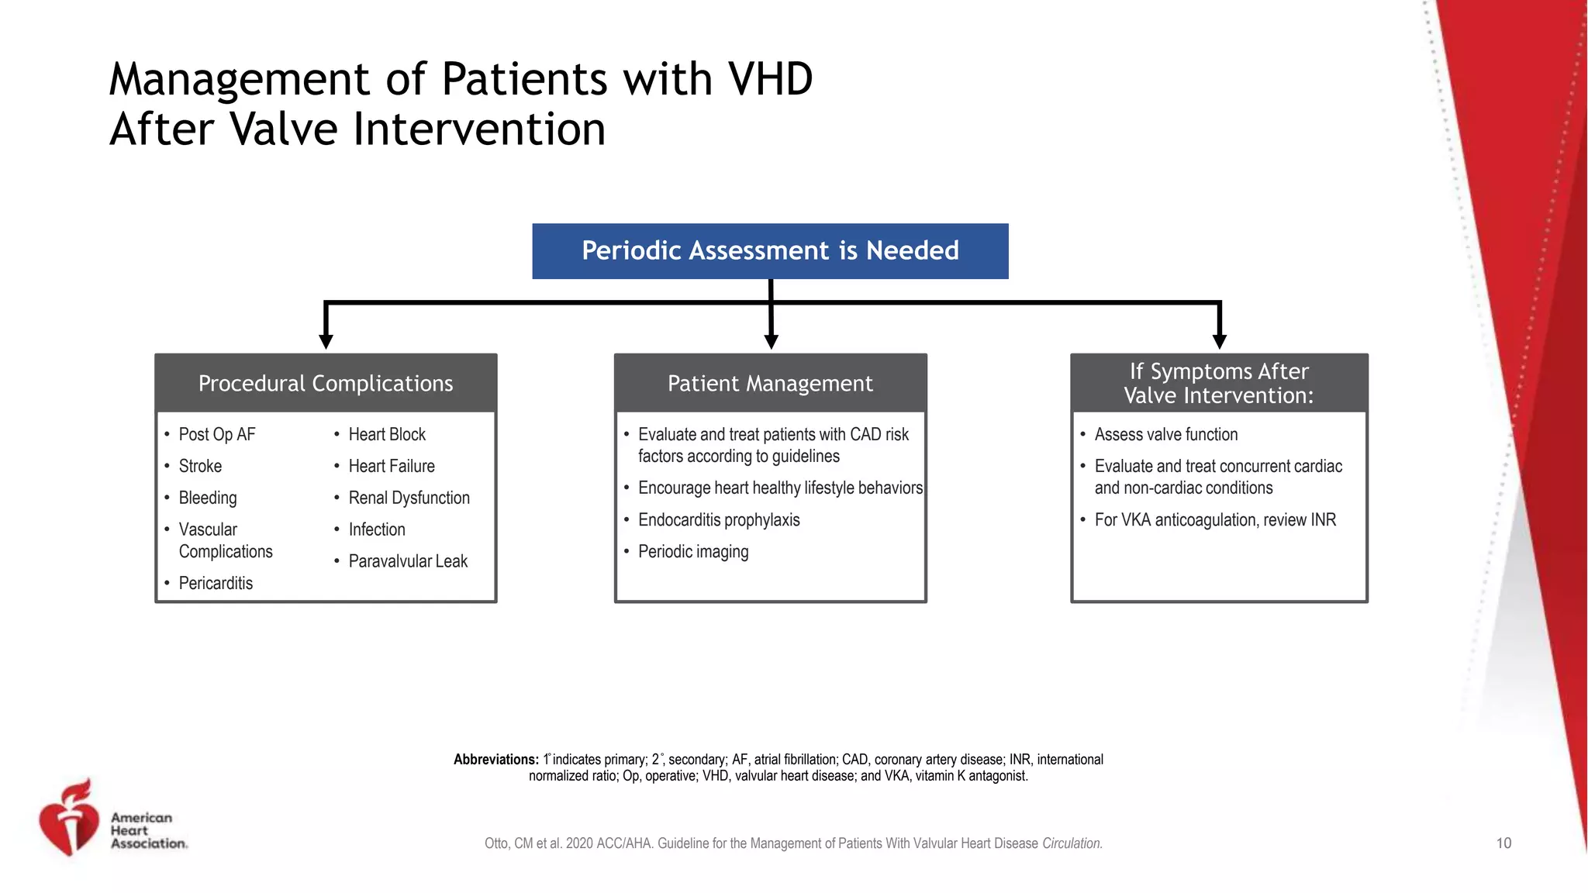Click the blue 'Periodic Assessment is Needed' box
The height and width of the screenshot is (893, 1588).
pos(770,251)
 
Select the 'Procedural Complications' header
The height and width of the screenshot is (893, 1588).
pos(326,384)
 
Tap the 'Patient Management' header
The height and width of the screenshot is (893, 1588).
pos(770,384)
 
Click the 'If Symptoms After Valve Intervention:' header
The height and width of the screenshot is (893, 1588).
pos(1219,383)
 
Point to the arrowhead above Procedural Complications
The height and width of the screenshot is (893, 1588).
pos(326,341)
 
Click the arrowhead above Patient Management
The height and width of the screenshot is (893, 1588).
pos(771,341)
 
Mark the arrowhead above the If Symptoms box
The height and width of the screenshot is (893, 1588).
pos(1219,341)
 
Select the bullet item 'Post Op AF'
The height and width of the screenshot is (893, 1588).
pos(216,435)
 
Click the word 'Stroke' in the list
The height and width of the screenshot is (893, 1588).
pos(200,467)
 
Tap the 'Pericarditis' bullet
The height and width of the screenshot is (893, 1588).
pos(216,584)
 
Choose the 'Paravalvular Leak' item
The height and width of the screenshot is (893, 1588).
pos(408,561)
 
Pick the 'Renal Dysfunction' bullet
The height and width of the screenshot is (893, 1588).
pos(409,498)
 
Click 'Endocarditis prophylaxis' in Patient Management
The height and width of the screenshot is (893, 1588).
pos(719,520)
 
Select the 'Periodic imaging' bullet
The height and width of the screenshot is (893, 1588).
pos(693,552)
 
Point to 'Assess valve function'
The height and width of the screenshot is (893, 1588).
pos(1165,435)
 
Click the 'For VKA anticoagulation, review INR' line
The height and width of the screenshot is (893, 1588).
pos(1215,520)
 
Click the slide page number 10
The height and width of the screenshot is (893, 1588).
pos(1503,843)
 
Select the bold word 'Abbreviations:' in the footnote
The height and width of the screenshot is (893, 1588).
pos(495,760)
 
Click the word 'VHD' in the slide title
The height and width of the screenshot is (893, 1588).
pos(770,80)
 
